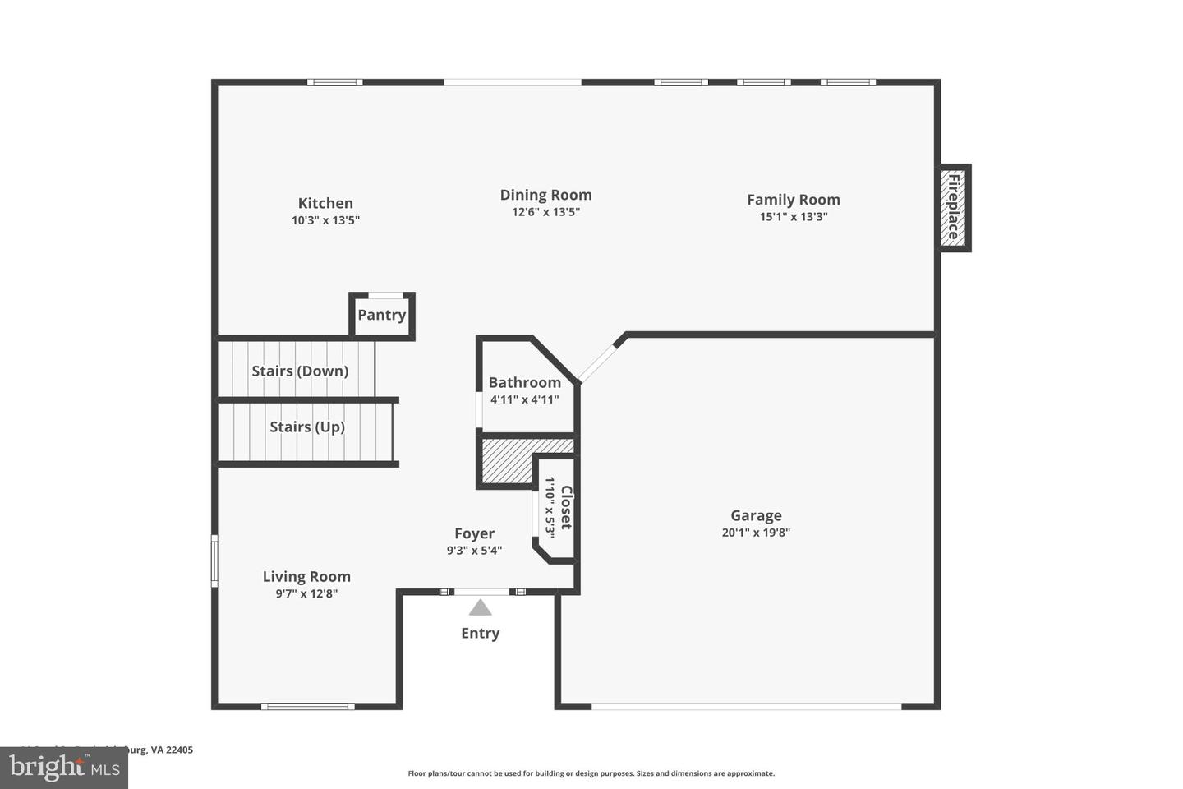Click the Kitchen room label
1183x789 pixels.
click(325, 203)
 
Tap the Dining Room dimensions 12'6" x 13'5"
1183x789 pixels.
click(545, 212)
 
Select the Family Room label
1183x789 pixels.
click(793, 200)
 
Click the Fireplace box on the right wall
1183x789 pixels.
click(955, 208)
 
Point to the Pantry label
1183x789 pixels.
click(381, 315)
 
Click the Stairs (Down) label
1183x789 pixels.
click(300, 371)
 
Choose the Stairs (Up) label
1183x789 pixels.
click(306, 427)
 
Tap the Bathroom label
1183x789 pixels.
click(524, 382)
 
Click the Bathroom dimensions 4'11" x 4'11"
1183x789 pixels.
click(524, 400)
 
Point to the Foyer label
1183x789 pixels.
click(474, 533)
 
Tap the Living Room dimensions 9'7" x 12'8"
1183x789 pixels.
click(306, 593)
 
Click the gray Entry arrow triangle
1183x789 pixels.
click(480, 608)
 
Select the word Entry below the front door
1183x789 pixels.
click(480, 633)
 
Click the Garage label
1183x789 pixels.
click(756, 515)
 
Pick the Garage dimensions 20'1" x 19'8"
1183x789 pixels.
click(756, 533)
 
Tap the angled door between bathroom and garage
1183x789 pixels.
click(597, 363)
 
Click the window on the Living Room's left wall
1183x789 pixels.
click(214, 561)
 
